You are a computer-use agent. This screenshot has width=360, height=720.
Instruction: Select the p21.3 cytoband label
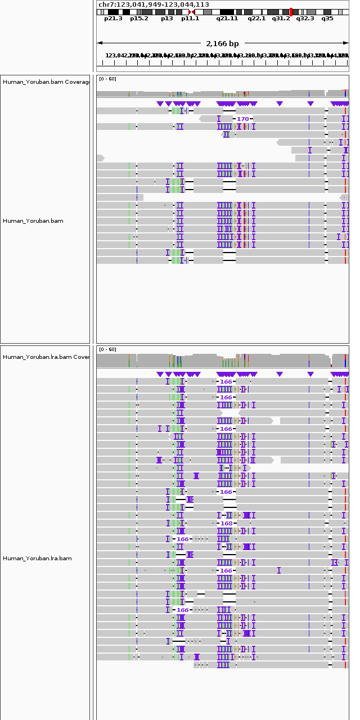tap(113, 19)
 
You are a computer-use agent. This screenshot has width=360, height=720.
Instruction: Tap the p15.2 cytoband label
tap(139, 19)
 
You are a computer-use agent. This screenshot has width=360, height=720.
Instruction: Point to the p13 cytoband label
tap(166, 19)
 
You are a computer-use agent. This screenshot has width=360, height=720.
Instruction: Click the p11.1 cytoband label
tap(190, 19)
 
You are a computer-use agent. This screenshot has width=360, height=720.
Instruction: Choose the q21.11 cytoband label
tap(227, 19)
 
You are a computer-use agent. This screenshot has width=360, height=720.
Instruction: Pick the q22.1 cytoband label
tap(256, 19)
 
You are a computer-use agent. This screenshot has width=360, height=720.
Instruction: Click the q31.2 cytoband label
tap(281, 19)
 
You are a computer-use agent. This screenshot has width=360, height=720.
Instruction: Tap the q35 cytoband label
tap(327, 19)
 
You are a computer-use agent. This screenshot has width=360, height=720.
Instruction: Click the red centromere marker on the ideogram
tap(192, 12)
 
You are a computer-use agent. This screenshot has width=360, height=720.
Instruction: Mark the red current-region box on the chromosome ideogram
tap(291, 12)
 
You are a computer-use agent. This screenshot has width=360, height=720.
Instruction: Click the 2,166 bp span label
tap(222, 43)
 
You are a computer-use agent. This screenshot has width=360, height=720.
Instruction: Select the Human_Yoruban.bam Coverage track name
tap(46, 82)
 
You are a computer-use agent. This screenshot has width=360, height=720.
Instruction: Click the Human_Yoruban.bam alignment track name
tap(33, 221)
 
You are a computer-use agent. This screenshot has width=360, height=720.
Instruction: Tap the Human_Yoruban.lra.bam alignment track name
tap(37, 559)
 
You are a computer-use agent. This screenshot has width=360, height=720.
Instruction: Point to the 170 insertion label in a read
tap(242, 119)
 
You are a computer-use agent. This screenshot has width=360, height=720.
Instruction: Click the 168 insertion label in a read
tap(226, 523)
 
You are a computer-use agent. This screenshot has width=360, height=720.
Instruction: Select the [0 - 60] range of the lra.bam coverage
tap(107, 350)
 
